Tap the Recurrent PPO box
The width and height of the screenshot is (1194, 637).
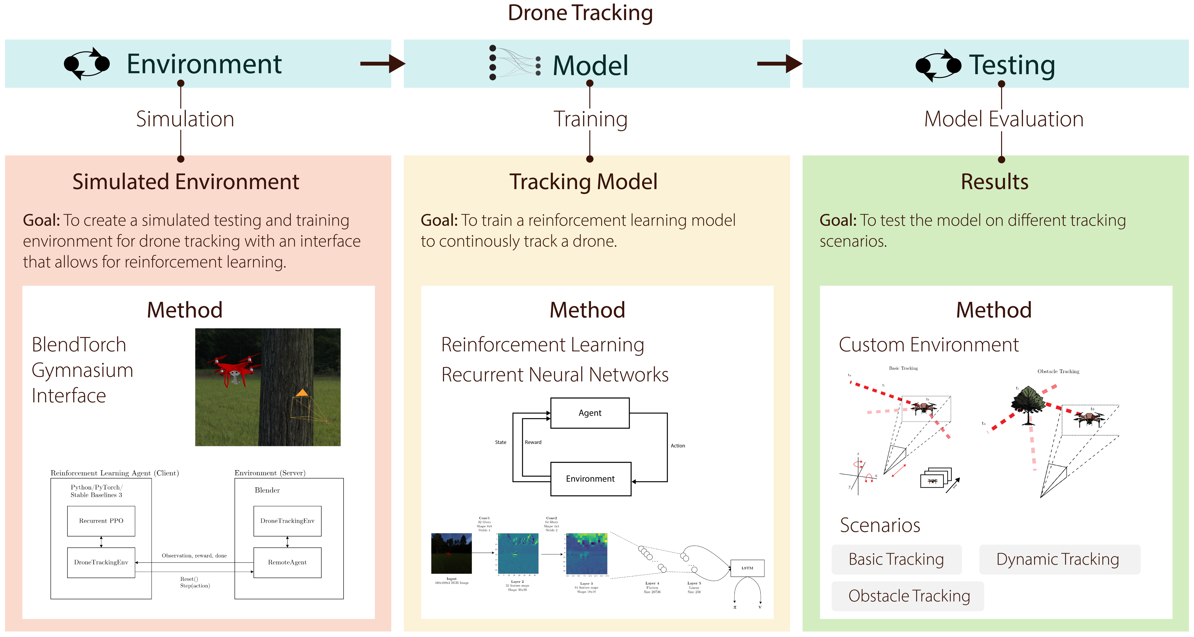(101, 521)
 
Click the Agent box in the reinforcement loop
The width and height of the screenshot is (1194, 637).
(590, 413)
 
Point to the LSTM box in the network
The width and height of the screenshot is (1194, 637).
(747, 568)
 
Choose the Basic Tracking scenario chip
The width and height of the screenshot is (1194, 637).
(896, 559)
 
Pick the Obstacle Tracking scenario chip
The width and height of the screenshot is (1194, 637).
(908, 596)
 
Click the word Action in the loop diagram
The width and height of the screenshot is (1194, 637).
(678, 445)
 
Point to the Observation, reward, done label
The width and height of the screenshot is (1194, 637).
(194, 555)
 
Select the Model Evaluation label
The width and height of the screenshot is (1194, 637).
(1004, 119)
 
